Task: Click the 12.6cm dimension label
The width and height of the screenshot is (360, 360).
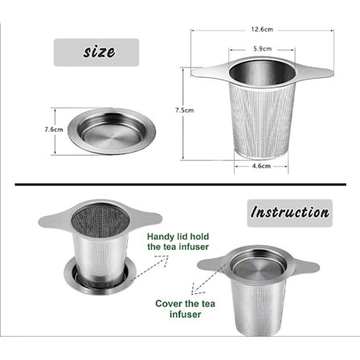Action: coord(262,29)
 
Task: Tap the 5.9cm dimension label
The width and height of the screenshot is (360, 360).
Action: coord(262,48)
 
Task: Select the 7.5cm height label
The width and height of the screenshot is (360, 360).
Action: coord(181,110)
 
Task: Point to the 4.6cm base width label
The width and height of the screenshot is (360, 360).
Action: coord(260,166)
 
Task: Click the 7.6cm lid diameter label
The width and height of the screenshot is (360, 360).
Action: coord(54,129)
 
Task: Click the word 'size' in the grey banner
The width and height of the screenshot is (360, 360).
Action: coord(98,51)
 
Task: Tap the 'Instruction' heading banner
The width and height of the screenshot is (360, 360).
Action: coord(289,213)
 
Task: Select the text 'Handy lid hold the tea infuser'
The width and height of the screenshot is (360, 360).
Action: coord(178,242)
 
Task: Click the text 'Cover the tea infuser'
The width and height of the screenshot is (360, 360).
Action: coord(185,309)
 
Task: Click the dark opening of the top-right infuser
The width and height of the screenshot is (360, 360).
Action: coord(262,74)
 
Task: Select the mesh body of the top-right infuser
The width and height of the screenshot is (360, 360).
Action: coord(262,121)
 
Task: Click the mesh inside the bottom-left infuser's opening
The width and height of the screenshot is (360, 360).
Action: coord(100,218)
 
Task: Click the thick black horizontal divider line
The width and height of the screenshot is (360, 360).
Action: coord(180,184)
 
